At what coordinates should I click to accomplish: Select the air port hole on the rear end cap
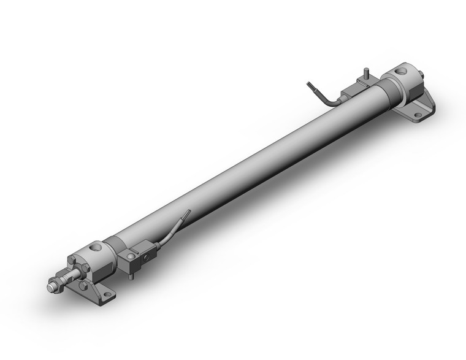point(401,71)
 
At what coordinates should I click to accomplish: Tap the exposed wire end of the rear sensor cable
point(308,85)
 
